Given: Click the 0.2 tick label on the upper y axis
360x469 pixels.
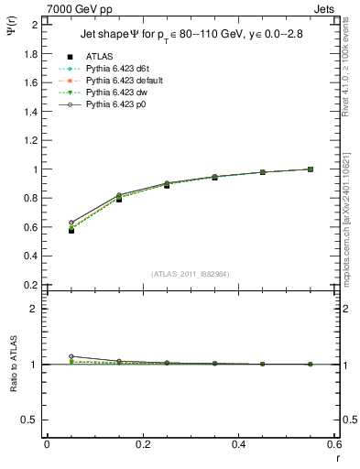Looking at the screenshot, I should pyautogui.click(x=30, y=285).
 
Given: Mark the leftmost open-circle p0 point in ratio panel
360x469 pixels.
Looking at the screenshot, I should pyautogui.click(x=71, y=356).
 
